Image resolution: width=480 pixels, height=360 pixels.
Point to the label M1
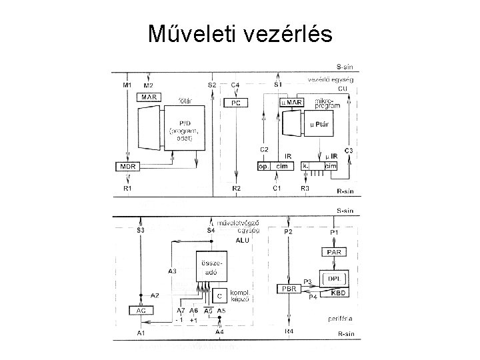(x=128, y=85)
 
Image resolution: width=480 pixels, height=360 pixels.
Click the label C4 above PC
(x=235, y=85)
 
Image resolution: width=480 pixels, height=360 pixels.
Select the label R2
(x=236, y=189)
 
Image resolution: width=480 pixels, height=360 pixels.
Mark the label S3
(x=140, y=231)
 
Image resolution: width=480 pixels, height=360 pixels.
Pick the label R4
(x=288, y=331)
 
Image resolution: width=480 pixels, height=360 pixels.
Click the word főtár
(x=184, y=100)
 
